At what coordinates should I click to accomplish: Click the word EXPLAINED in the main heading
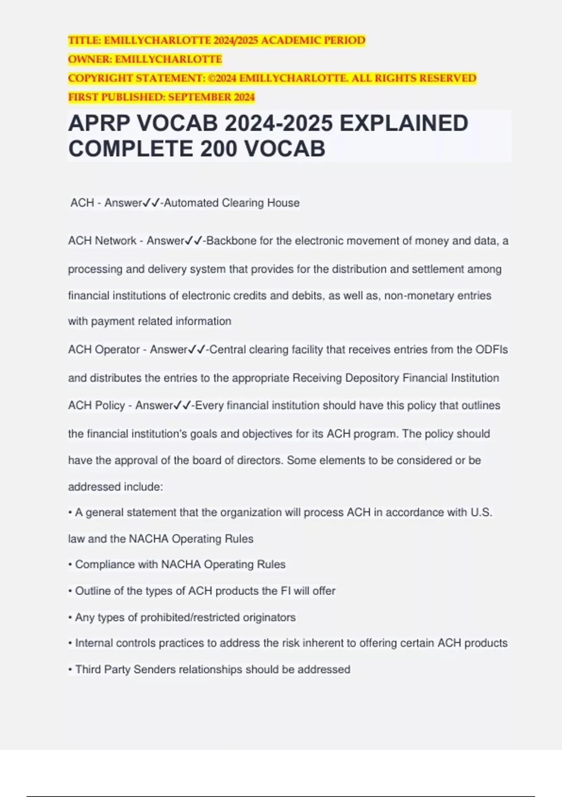[404, 123]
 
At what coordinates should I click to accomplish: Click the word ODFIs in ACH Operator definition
[491, 350]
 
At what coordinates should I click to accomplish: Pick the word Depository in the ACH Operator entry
[372, 378]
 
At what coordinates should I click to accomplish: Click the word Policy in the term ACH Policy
[110, 406]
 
